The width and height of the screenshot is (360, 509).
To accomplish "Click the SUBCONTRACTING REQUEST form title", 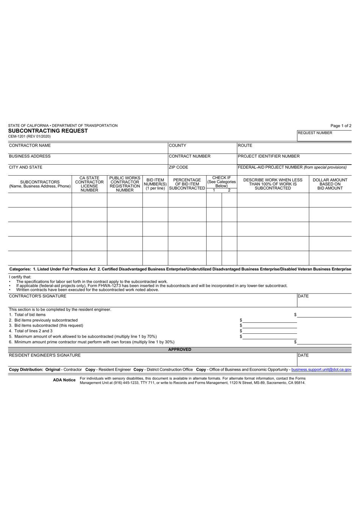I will click(48, 131).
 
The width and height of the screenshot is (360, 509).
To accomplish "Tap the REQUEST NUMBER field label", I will click(315, 133).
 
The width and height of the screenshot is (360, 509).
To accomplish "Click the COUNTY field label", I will click(177, 146).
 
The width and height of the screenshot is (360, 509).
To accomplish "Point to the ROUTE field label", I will click(245, 146).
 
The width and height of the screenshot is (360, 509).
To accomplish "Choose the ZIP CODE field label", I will click(178, 167).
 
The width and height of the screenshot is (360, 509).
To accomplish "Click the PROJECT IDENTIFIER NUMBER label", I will click(269, 156).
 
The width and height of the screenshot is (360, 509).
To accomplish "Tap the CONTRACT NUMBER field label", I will click(189, 156).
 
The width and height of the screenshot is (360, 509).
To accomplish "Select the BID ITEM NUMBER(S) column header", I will click(155, 184).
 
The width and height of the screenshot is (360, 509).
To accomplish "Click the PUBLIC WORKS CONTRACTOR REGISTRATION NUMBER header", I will click(125, 184).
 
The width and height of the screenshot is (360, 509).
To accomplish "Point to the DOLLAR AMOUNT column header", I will click(330, 184).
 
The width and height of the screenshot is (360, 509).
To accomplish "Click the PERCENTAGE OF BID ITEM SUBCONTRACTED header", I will click(187, 184).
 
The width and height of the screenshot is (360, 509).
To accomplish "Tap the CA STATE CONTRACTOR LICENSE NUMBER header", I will click(89, 184).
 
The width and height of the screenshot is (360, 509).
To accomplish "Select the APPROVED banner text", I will click(180, 350).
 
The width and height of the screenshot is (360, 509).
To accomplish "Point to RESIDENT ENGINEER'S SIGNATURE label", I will click(45, 355).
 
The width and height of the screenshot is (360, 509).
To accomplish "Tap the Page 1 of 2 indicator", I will click(341, 126).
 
